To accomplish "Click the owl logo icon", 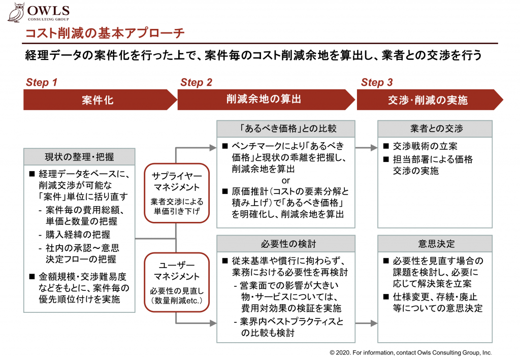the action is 16,12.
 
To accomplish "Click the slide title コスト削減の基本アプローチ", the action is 105,33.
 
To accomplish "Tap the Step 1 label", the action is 42,82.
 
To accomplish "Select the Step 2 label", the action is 196,82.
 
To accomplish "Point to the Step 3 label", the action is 377,82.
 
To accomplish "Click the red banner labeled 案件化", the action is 100,100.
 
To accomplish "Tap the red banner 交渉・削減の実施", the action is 430,100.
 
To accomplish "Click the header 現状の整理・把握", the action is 79,157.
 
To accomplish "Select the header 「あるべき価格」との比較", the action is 286,128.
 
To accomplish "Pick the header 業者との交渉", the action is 435,128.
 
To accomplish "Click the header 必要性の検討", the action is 286,244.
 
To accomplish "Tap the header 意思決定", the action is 435,244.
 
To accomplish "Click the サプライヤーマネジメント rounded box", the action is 177,193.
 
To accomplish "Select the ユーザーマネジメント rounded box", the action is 177,282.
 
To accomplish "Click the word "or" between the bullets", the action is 285,181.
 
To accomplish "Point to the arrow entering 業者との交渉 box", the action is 366,148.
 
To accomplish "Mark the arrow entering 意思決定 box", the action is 366,323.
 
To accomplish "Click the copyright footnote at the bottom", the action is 410,353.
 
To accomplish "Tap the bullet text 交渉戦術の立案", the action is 425,146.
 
